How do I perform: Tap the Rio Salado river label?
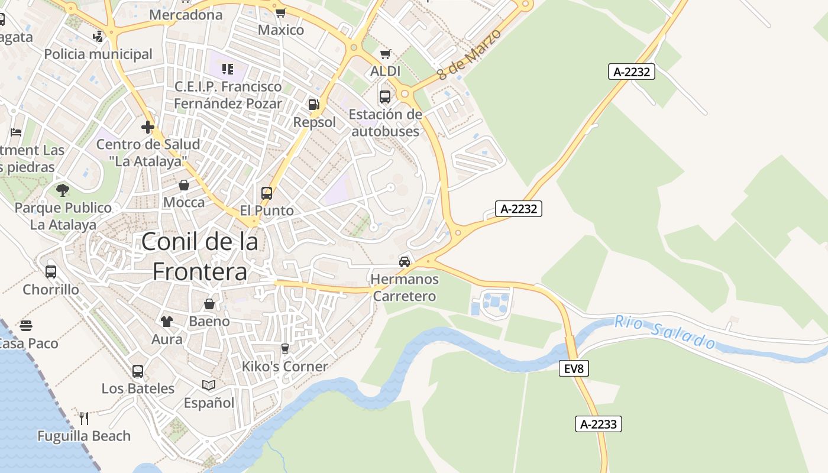click(x=665, y=332)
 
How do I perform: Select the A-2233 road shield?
click(x=598, y=424)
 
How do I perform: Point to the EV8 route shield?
click(x=573, y=369)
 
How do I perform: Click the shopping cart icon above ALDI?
click(x=385, y=54)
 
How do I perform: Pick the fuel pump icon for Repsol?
click(x=313, y=105)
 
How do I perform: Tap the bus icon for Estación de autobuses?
click(x=385, y=96)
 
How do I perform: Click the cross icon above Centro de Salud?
click(x=148, y=127)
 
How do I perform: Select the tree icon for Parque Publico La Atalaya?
click(x=63, y=190)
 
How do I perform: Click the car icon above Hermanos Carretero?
click(x=405, y=261)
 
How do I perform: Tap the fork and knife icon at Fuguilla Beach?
click(x=84, y=419)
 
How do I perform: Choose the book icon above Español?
click(x=209, y=385)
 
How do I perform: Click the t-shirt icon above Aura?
click(x=167, y=322)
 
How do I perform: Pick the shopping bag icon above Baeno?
click(x=209, y=304)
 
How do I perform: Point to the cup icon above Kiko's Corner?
click(x=284, y=349)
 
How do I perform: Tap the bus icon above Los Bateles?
click(x=138, y=371)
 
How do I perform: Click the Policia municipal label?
click(x=98, y=54)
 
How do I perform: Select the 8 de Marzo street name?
click(x=470, y=54)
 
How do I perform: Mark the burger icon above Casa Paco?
click(x=25, y=326)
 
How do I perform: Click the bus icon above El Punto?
click(x=267, y=193)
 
